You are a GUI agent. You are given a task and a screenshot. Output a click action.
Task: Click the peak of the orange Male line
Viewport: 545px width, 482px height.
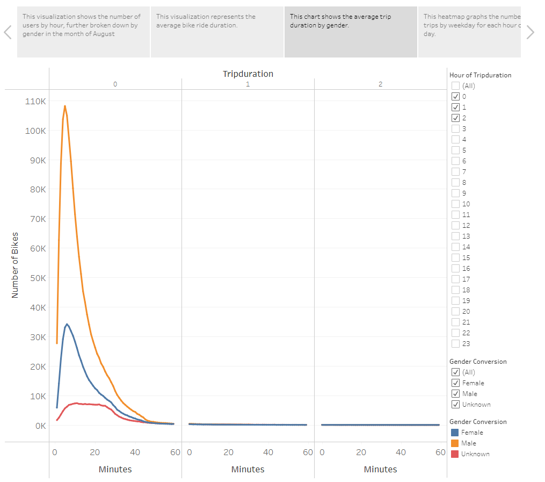click(65, 106)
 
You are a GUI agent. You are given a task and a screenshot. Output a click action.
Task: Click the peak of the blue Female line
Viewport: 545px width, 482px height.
click(67, 324)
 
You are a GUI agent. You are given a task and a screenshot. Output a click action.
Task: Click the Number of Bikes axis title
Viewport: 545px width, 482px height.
click(15, 265)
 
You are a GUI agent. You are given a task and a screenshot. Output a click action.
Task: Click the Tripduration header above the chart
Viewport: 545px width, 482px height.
click(248, 74)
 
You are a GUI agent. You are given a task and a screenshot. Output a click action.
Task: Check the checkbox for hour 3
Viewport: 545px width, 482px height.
click(455, 129)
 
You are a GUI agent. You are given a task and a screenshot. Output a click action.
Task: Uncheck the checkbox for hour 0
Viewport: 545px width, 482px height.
click(455, 97)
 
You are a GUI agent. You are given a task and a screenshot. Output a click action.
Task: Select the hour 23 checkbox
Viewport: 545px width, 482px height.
click(455, 344)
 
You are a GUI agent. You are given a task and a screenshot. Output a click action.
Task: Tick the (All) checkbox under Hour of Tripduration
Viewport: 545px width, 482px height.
click(455, 86)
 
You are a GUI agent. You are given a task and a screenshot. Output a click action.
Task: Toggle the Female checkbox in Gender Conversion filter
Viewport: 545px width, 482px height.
click(455, 383)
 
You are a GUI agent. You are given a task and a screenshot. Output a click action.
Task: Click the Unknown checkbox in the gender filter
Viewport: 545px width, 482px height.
click(455, 405)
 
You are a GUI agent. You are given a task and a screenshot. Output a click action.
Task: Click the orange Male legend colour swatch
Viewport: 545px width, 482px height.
click(455, 443)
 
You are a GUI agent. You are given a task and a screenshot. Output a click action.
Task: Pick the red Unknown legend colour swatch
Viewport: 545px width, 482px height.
click(455, 454)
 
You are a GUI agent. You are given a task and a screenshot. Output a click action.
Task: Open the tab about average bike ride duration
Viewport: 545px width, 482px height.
click(217, 32)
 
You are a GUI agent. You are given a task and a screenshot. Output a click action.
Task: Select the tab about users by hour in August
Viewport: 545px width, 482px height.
click(83, 32)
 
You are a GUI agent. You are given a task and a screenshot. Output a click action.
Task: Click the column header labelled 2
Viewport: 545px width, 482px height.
click(380, 84)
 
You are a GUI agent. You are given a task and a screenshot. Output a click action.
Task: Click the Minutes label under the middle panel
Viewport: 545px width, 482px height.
click(248, 469)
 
